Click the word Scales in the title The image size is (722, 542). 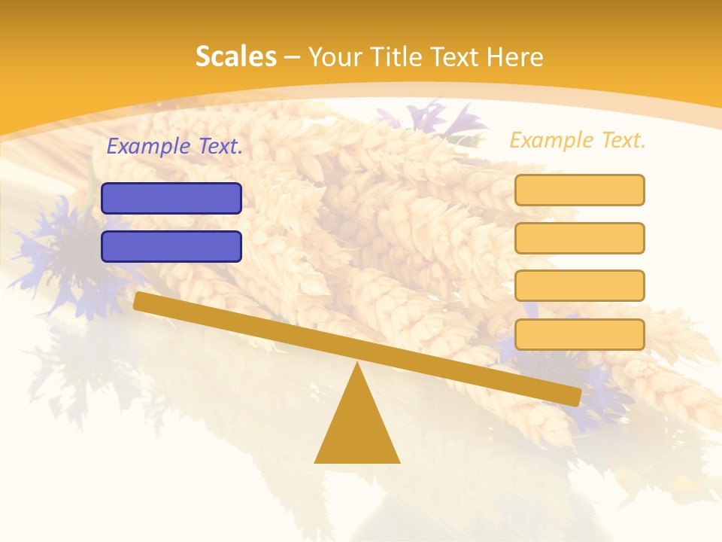235,56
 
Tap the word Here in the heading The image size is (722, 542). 515,56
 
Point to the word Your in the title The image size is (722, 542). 335,56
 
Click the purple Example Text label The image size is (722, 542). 174,146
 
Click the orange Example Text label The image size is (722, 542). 578,140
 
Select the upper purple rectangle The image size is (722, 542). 171,198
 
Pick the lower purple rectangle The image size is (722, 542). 171,246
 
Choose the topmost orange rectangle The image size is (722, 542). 580,190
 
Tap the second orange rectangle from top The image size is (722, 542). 580,238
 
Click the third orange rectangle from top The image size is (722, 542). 580,286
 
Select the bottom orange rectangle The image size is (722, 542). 580,334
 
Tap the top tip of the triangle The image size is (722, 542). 357,365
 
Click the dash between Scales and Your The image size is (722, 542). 292,57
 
